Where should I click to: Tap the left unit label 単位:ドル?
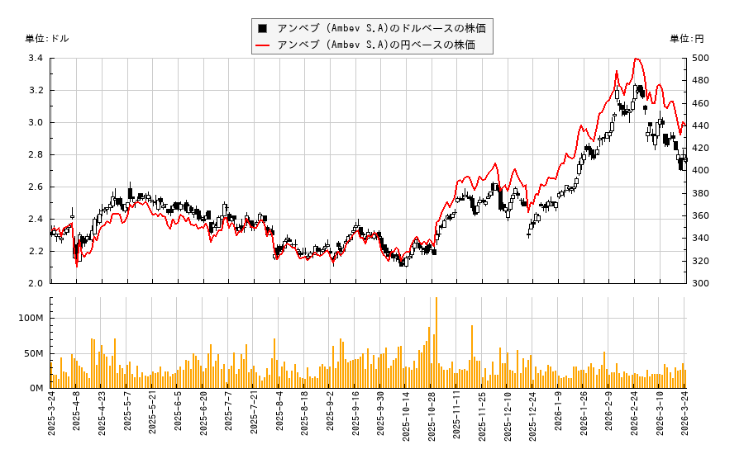tap(48, 39)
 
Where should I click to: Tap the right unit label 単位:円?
tap(687, 39)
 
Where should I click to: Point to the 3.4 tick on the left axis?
tap(36, 59)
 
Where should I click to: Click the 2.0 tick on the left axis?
tap(36, 283)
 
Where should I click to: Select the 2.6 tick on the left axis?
tap(36, 187)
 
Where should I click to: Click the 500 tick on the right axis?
tap(700, 59)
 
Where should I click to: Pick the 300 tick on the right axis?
tap(700, 283)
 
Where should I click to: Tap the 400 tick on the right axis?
tap(700, 171)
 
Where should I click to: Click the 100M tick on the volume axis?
tap(32, 319)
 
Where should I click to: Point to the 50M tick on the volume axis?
tap(35, 353)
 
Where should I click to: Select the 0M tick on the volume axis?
tap(37, 388)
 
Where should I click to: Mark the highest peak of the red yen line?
tap(636, 59)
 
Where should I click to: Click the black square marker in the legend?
tap(264, 28)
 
